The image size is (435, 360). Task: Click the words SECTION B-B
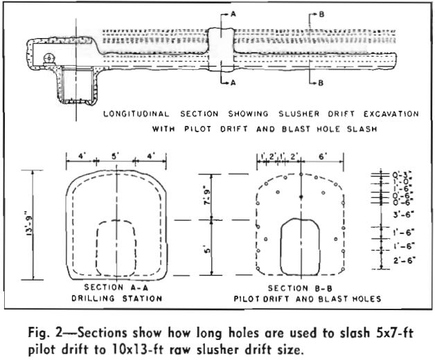click(301, 287)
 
